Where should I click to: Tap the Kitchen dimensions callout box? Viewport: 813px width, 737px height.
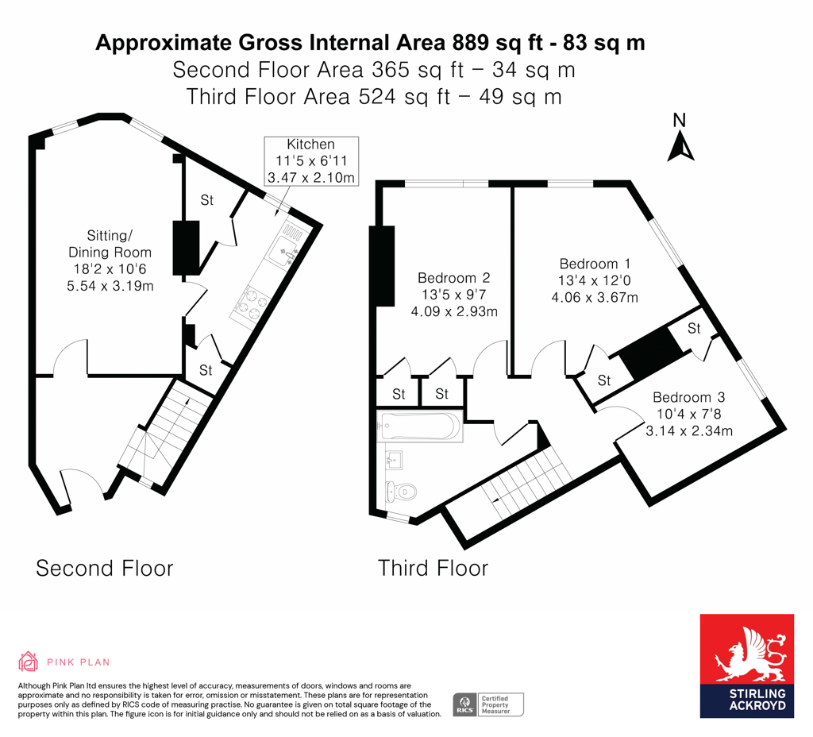pos(310,161)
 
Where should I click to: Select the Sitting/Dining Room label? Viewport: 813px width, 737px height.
pos(110,260)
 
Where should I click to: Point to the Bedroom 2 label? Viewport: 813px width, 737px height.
pos(453,294)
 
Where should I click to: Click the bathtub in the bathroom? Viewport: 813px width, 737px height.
pos(420,426)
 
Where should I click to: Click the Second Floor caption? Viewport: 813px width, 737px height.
pos(104,568)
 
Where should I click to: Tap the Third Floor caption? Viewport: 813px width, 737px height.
pos(433,568)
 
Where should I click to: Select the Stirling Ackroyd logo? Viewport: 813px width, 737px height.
pos(746,666)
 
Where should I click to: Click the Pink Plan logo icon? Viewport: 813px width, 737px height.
pos(28,662)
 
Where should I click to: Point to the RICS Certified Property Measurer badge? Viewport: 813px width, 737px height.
pos(487,704)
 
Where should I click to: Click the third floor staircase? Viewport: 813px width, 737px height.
pos(524,480)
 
